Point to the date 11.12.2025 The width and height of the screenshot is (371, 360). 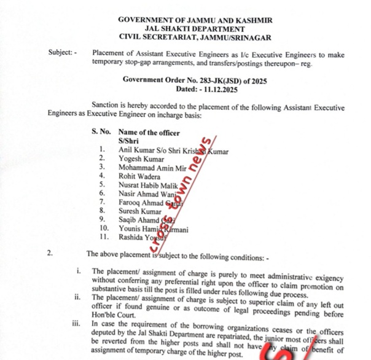pyautogui.click(x=215, y=89)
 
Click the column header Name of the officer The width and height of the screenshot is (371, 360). pyautogui.click(x=149, y=133)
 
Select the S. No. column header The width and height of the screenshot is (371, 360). pyautogui.click(x=102, y=133)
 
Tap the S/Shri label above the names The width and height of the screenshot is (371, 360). pyautogui.click(x=128, y=141)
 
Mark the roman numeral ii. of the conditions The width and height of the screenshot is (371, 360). pyautogui.click(x=78, y=297)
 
